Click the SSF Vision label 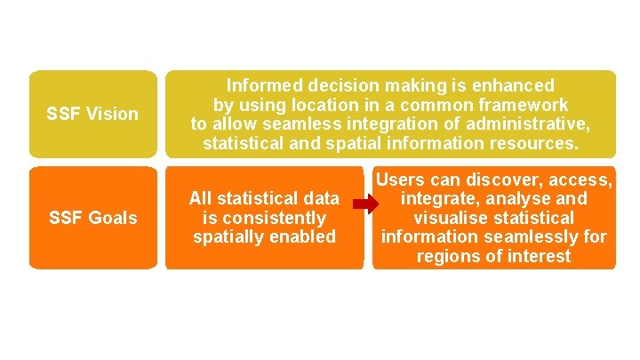point(92,114)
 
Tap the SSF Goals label point(92,218)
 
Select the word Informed point(262,86)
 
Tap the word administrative point(525,124)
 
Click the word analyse point(521,199)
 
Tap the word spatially point(227,236)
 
